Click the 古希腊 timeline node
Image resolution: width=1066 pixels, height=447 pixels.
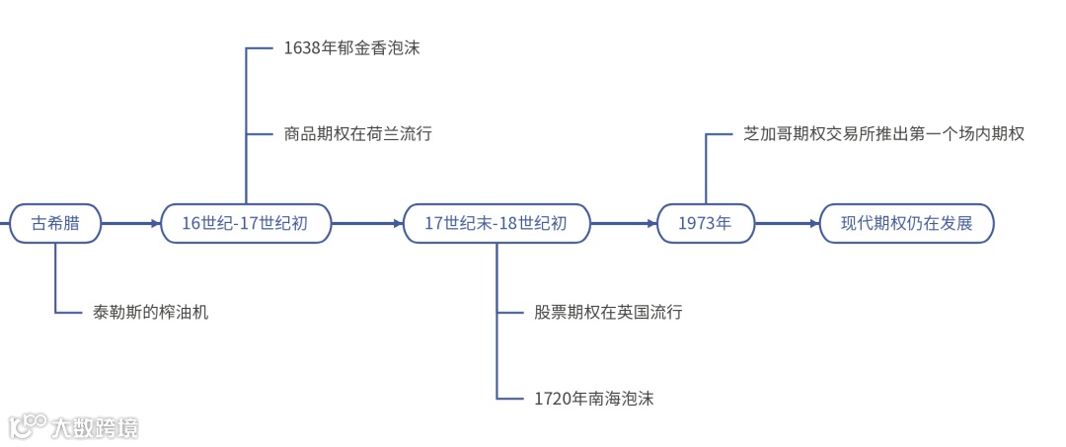pyautogui.click(x=55, y=224)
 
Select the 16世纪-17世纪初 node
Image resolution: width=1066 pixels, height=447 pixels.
pyautogui.click(x=245, y=224)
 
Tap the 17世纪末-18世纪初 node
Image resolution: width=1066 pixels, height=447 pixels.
pyautogui.click(x=495, y=224)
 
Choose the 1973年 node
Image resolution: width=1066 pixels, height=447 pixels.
pyautogui.click(x=705, y=224)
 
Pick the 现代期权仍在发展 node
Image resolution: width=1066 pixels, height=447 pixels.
pyautogui.click(x=906, y=224)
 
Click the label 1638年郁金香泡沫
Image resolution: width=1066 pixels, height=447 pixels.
pyautogui.click(x=351, y=47)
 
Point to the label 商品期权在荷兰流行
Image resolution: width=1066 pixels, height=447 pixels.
pyautogui.click(x=357, y=133)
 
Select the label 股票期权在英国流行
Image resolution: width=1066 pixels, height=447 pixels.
pyautogui.click(x=608, y=312)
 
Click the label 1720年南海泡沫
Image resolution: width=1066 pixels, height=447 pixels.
pyautogui.click(x=593, y=399)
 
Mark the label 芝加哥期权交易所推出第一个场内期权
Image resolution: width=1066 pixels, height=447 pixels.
pyautogui.click(x=883, y=133)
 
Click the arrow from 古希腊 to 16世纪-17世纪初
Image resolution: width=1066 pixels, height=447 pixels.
pyautogui.click(x=131, y=224)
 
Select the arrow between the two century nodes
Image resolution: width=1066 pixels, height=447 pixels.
pyautogui.click(x=367, y=224)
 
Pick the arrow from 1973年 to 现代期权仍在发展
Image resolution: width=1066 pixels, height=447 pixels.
pyautogui.click(x=787, y=224)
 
